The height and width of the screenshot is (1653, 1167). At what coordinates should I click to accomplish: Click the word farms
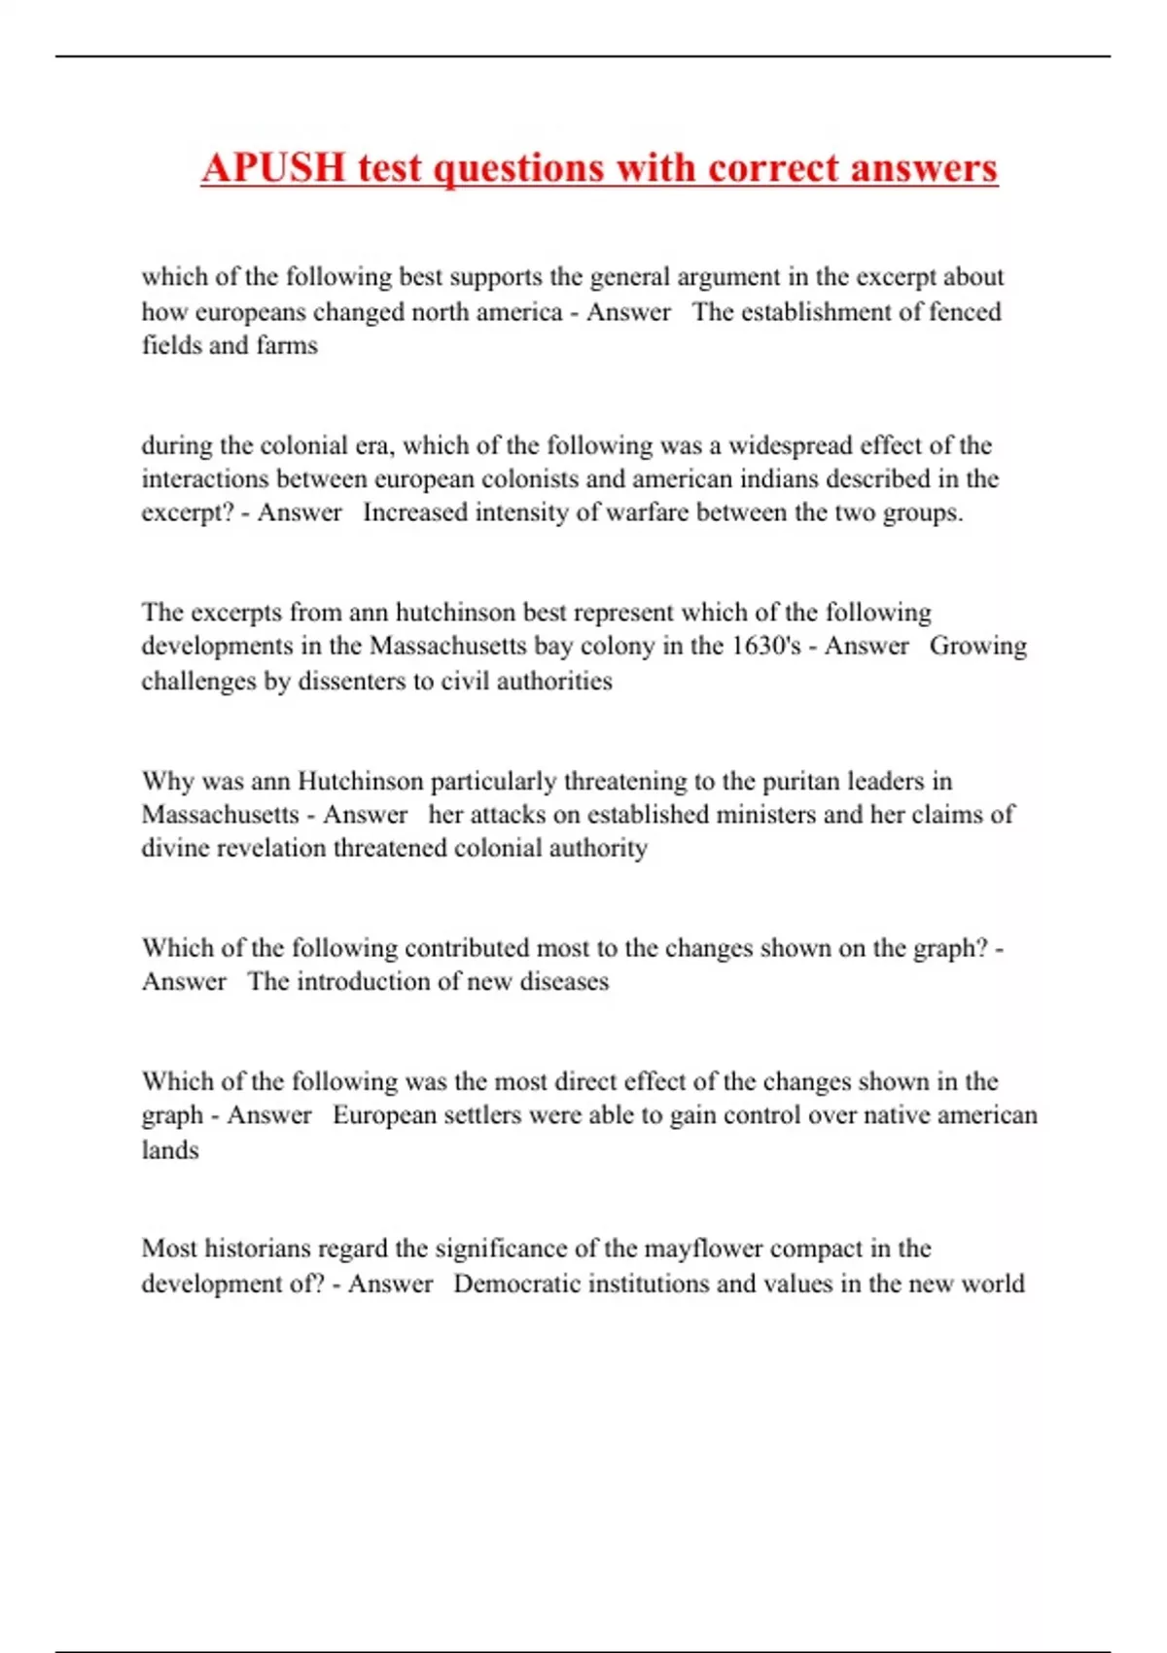[287, 345]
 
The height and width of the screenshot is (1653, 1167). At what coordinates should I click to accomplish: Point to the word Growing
[977, 647]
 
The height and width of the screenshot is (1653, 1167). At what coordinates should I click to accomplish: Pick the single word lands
[170, 1150]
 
